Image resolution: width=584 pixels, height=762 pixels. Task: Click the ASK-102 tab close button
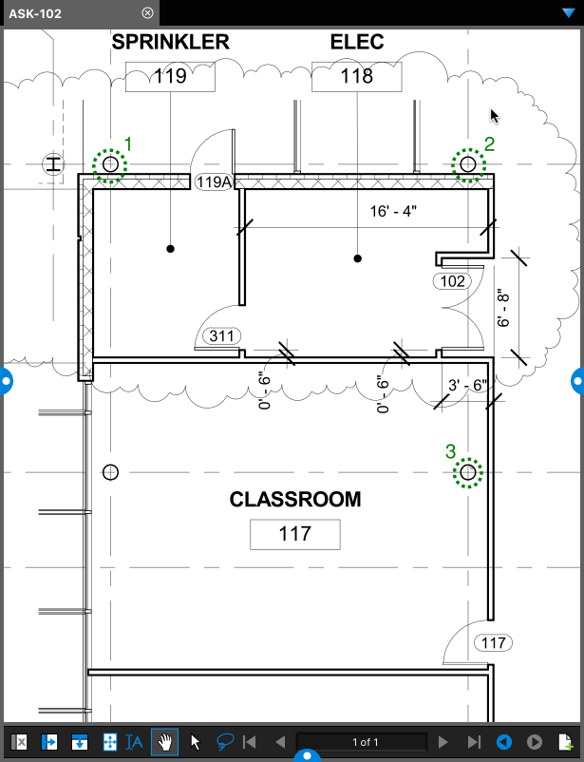147,13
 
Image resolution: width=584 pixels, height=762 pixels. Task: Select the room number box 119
170,76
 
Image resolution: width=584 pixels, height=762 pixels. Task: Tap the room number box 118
357,76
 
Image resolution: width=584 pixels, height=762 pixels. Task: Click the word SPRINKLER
171,42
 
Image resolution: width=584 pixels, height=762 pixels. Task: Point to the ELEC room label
357,42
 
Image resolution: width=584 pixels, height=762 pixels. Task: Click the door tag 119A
214,181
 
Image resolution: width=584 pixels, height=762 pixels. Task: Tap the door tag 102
452,281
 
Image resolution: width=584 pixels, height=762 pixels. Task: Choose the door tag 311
221,335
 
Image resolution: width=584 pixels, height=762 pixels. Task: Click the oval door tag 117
493,643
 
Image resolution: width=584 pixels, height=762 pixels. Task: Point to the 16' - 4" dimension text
393,211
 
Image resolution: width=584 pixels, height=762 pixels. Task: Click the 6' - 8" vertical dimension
503,309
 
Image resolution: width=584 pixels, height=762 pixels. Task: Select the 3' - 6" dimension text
467,385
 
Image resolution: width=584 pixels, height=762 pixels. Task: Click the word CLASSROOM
295,500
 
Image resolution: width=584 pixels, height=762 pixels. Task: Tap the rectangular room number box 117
295,534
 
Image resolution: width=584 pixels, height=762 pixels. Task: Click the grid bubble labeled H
53,164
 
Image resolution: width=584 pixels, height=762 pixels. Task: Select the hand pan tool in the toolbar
164,742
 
